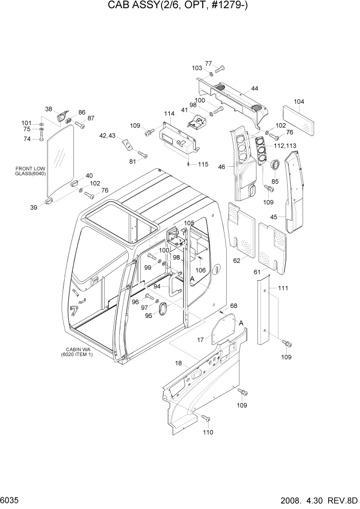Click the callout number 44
point(254,89)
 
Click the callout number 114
point(169,113)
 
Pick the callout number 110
point(208,432)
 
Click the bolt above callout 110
point(206,418)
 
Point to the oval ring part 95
point(164,310)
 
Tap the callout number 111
point(283,289)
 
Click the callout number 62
point(236,261)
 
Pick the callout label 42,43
point(108,135)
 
